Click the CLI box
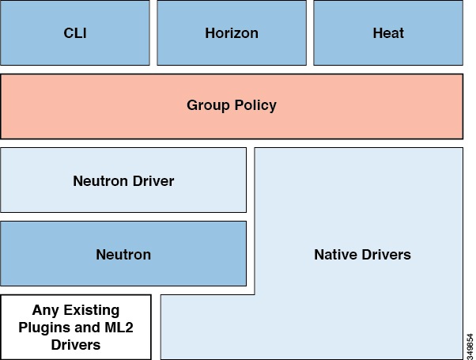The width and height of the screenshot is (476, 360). point(74,33)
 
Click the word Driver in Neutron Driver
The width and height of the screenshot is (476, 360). point(153,181)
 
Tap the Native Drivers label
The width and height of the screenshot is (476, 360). point(362,255)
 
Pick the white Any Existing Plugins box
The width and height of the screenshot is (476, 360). point(75,327)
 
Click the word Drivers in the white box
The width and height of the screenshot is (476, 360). point(76,344)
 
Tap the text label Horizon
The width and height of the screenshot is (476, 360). point(231,33)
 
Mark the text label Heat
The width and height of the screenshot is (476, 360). point(388,33)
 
